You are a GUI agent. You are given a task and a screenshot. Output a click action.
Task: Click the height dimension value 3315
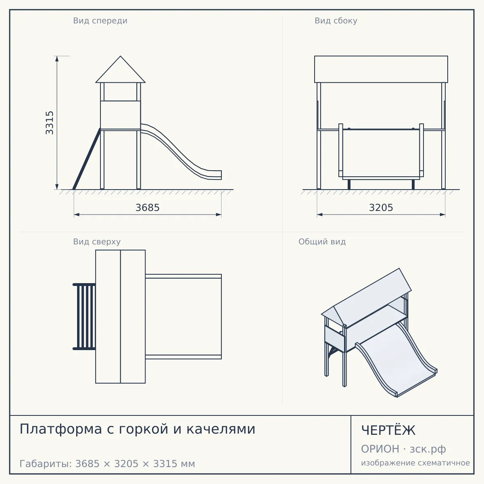[x=50, y=123]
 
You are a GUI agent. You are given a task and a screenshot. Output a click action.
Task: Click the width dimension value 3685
[x=148, y=208]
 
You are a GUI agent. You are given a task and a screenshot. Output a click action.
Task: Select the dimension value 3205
[x=381, y=208]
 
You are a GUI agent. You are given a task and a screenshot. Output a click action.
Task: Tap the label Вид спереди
[x=100, y=21]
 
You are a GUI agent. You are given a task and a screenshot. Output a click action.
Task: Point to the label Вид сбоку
[x=336, y=21]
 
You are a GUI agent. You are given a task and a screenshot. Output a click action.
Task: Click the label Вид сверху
[x=97, y=242]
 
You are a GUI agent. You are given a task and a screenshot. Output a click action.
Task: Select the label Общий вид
[x=322, y=242]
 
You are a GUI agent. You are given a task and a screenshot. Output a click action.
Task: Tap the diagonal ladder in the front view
[x=87, y=159]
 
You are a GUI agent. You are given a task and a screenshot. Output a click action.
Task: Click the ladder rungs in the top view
[x=84, y=317]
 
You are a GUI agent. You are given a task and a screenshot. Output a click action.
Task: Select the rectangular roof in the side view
[x=381, y=69]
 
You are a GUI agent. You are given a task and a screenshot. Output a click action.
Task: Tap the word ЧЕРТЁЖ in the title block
[x=388, y=430]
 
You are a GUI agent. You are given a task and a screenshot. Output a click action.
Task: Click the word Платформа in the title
[x=61, y=429]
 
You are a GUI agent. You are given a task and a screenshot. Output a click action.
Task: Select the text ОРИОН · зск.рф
[x=403, y=449]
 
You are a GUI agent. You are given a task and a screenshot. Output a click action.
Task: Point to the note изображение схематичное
[x=415, y=463]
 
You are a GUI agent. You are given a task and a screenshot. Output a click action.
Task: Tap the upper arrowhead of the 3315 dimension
[x=57, y=58]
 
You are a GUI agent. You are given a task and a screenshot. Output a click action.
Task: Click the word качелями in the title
[x=221, y=429]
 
